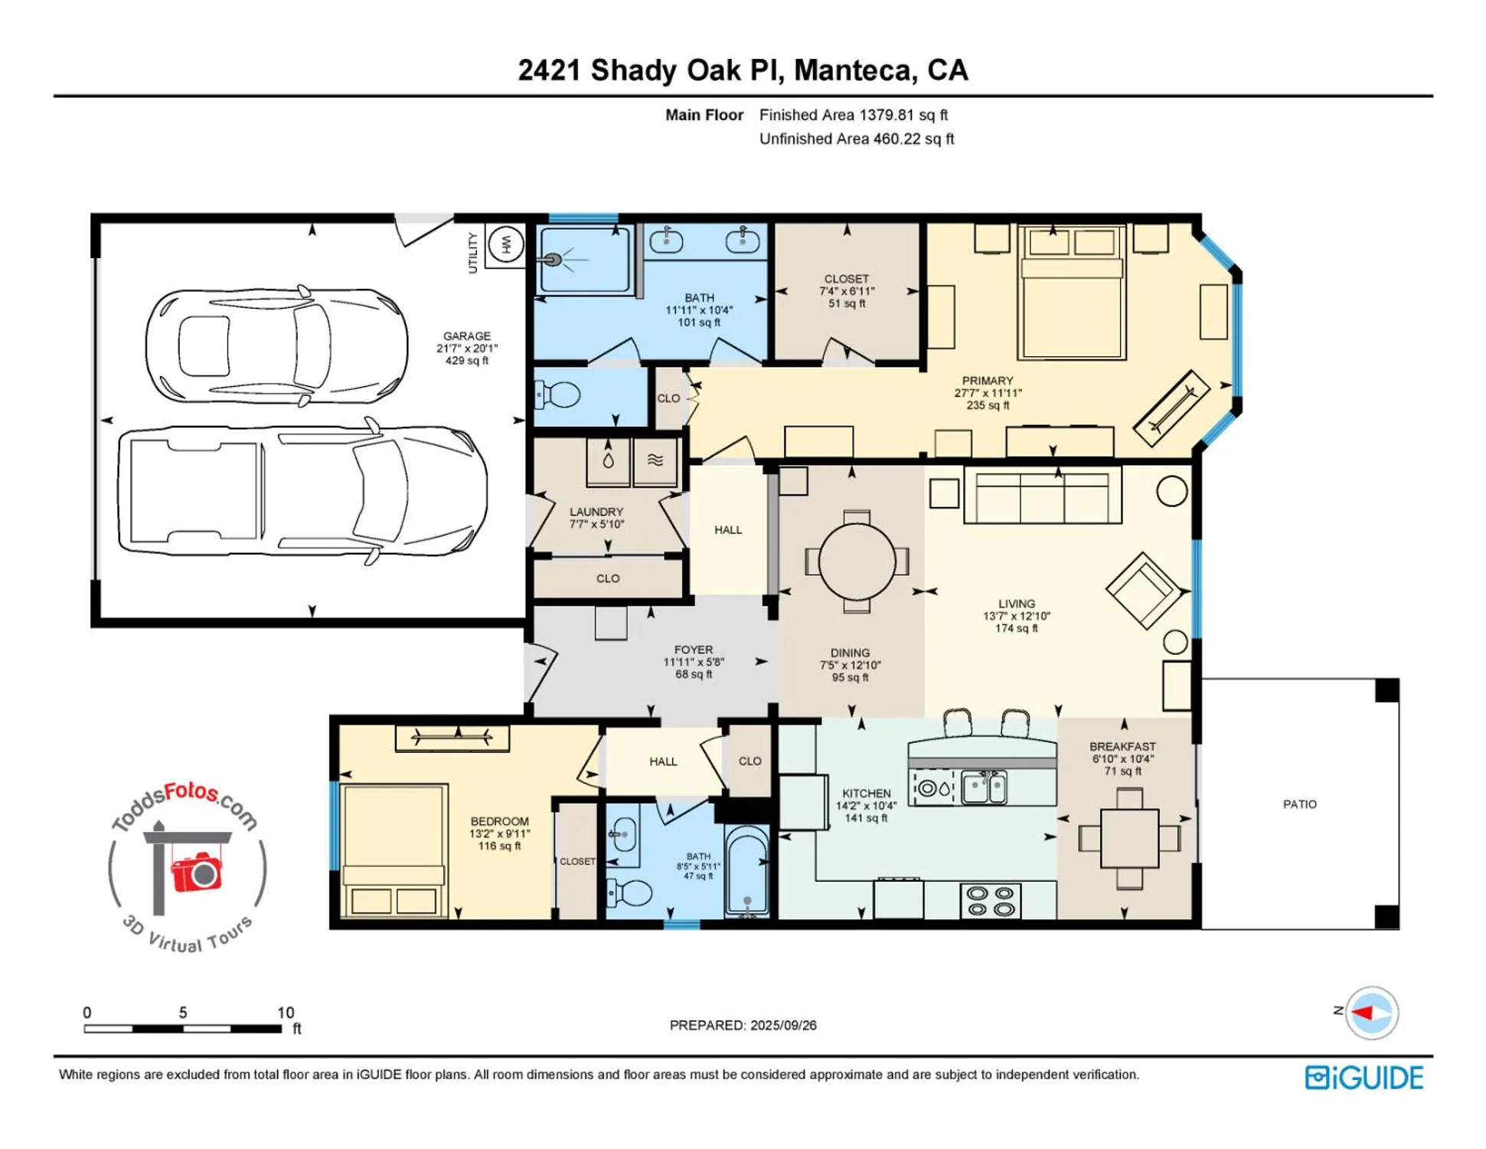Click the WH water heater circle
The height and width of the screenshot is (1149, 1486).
[x=505, y=245]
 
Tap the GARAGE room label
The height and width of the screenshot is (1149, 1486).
[x=466, y=336]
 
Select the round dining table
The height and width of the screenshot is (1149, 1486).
[x=857, y=561]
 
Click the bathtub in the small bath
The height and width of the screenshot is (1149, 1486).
[x=746, y=872]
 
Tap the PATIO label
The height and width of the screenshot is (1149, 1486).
[x=1299, y=804]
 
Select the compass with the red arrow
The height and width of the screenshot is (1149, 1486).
[x=1371, y=1013]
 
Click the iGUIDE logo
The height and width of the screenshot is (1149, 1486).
[x=1364, y=1077]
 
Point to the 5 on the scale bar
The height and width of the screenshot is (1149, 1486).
[x=183, y=1012]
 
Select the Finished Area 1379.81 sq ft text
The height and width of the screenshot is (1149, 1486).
[x=853, y=115]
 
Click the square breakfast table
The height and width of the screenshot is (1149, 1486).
[x=1129, y=838]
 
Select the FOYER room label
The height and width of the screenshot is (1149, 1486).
[x=693, y=650]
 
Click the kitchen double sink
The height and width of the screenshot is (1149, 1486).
[x=984, y=787]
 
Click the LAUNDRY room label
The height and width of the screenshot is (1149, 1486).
[x=596, y=512]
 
